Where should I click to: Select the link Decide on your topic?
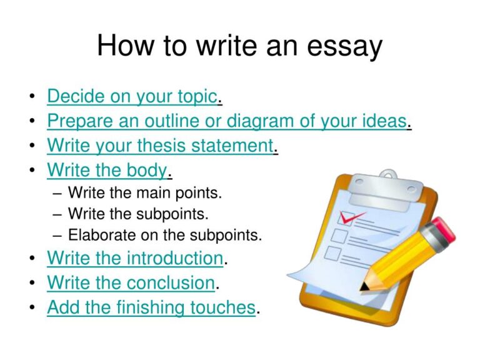[132, 96]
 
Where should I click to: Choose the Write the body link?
[107, 169]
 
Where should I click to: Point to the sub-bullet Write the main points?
[145, 192]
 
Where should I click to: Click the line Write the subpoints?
[138, 214]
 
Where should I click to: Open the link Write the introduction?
[135, 257]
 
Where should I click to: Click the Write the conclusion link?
[131, 282]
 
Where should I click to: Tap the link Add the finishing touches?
[151, 307]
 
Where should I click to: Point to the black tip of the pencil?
[364, 287]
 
